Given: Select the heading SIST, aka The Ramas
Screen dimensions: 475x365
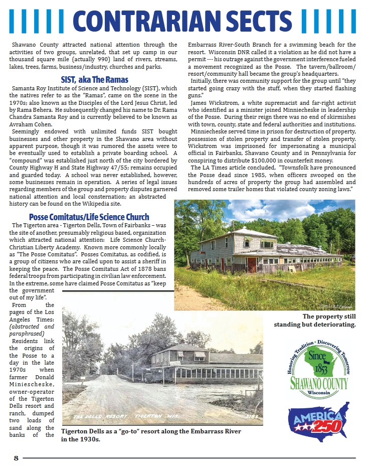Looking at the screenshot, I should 94,80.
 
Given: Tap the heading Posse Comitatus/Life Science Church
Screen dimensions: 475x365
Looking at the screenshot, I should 89,217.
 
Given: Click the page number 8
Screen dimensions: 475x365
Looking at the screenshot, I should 16,457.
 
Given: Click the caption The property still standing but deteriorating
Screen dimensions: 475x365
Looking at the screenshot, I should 315,321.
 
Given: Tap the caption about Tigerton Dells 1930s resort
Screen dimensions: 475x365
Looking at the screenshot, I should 150,435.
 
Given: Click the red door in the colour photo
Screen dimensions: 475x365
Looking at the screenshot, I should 251,264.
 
